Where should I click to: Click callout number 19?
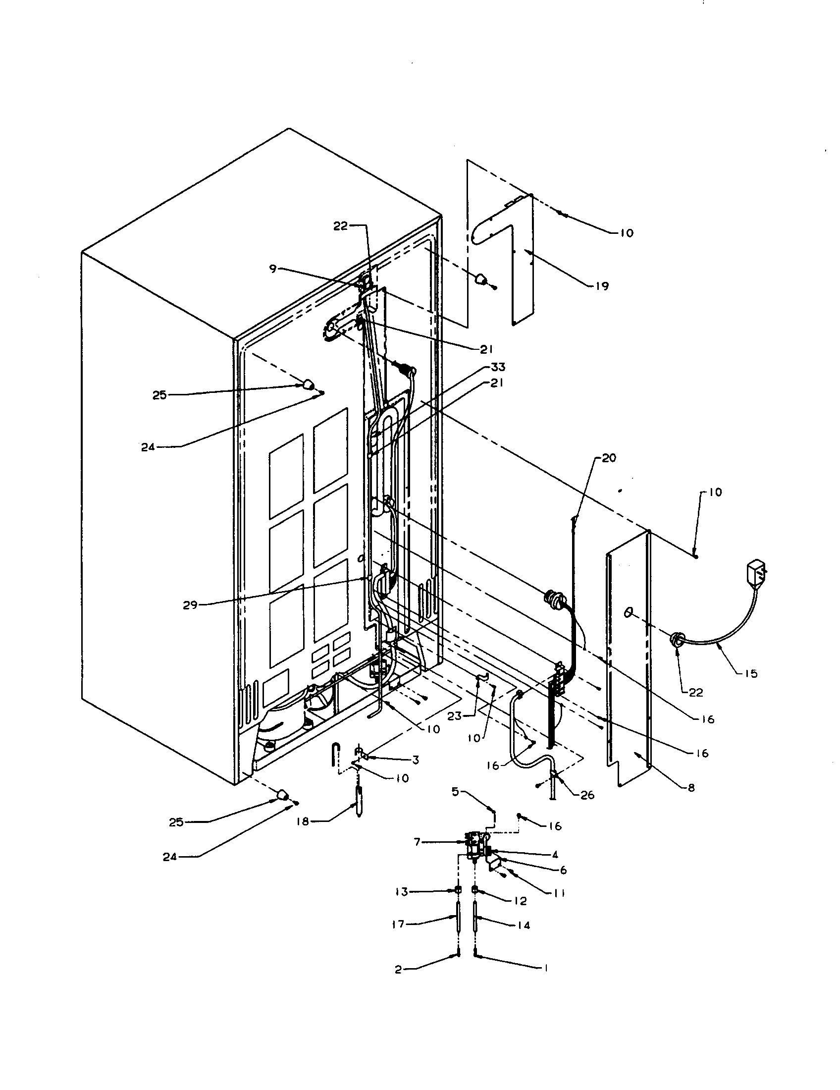click(602, 286)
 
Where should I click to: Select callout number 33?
click(498, 367)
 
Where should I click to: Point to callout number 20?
click(609, 458)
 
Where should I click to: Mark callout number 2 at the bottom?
click(398, 970)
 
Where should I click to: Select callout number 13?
click(402, 891)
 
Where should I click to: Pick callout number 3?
click(416, 760)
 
